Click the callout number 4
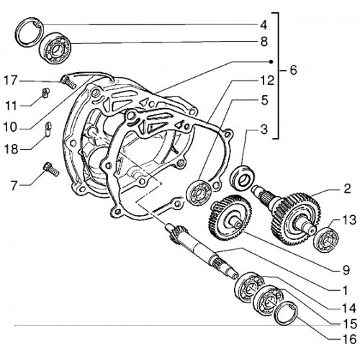(x=264, y=25)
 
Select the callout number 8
(x=264, y=42)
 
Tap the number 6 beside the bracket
(x=293, y=70)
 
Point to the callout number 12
(x=267, y=81)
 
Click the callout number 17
(x=11, y=80)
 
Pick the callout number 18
(x=12, y=150)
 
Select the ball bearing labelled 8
(x=55, y=48)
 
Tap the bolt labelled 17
(x=69, y=82)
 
